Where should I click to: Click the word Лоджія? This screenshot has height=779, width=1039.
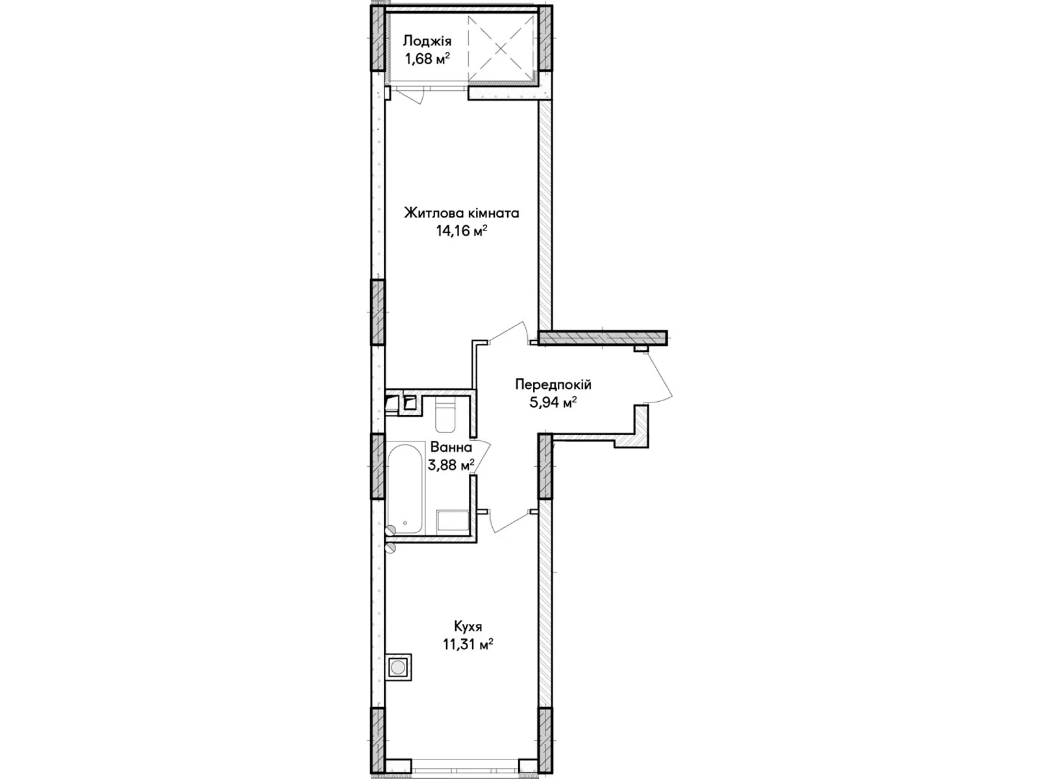click(x=427, y=42)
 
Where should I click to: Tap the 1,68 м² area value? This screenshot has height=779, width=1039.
click(x=427, y=60)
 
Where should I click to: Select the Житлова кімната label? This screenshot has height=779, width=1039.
click(x=462, y=214)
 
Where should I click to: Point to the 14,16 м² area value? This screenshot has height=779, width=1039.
click(x=462, y=231)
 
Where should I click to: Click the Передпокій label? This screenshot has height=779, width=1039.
click(x=553, y=384)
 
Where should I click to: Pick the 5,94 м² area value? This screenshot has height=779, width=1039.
click(x=553, y=402)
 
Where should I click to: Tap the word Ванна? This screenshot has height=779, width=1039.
click(x=451, y=447)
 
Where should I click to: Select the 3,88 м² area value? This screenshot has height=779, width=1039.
click(x=451, y=465)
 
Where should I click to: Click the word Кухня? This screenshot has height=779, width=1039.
click(x=468, y=627)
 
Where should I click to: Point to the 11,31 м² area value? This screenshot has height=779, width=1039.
click(x=468, y=645)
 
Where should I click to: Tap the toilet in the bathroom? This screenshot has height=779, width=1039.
click(x=444, y=415)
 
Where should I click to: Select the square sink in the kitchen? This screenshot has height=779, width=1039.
click(x=398, y=667)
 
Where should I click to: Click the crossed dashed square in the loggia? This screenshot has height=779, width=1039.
click(x=501, y=48)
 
